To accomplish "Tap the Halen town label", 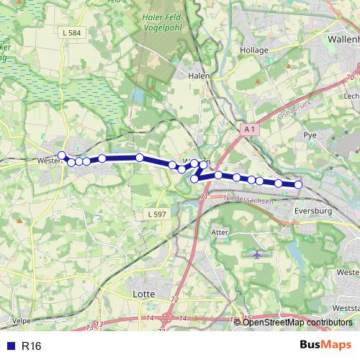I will pos(198,75).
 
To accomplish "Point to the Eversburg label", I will pos(312,211).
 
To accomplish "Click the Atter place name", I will pos(220,232).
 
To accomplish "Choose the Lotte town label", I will pos(145,294).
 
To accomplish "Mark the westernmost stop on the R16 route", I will pos(62,156).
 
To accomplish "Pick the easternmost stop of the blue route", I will pos(298,185).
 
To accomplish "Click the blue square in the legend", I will pos(9,346).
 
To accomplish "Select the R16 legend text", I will pos(32,346).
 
